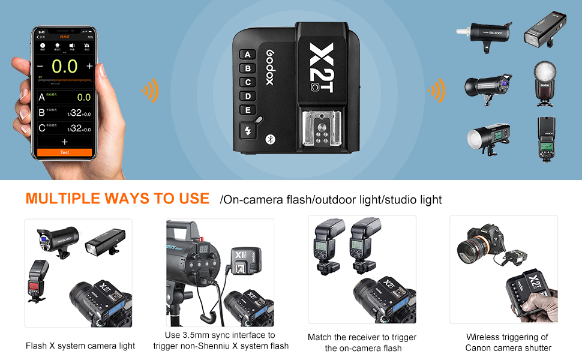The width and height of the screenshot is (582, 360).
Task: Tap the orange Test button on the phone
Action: point(64,152)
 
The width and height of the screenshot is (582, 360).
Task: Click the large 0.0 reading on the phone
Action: point(64,66)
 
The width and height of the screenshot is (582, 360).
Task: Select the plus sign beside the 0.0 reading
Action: point(89,66)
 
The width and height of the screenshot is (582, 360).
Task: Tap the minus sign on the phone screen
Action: point(40,66)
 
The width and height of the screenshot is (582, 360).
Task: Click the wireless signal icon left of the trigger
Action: point(149,91)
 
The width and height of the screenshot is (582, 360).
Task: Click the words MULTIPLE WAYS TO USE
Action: point(117,199)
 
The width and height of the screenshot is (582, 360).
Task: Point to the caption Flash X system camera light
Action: point(80,346)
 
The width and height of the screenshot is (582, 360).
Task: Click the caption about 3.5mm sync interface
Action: point(220,340)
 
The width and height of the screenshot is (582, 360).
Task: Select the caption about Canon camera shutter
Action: point(508,343)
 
